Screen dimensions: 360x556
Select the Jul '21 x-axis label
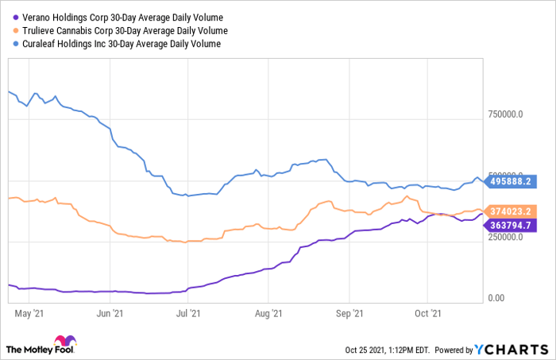187,314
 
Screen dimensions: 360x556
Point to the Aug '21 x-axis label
268,314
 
